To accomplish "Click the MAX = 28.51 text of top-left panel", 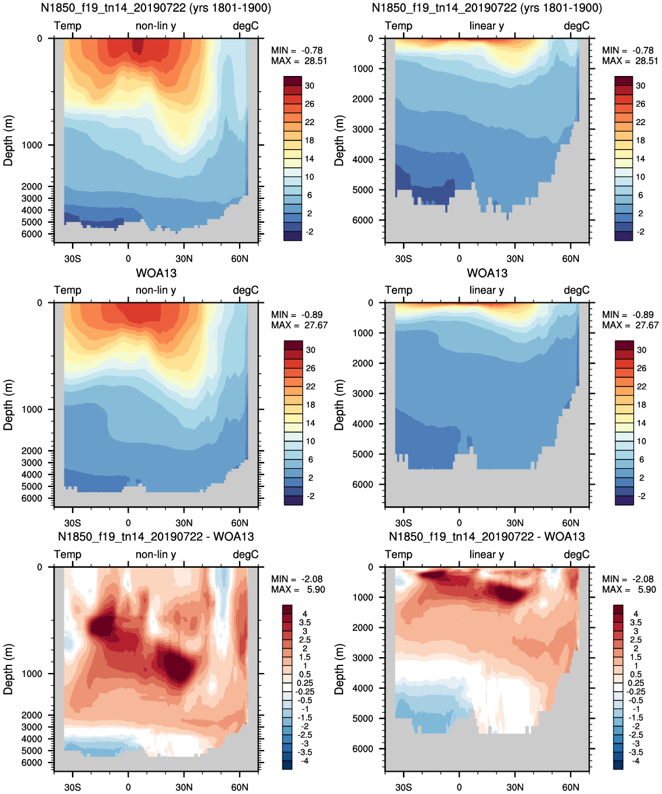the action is click(x=299, y=61).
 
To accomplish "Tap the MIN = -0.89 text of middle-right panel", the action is click(x=628, y=315).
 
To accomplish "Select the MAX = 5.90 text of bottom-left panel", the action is click(x=298, y=589).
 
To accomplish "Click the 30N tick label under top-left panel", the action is click(x=184, y=258).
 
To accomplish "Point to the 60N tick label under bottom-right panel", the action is click(x=571, y=787).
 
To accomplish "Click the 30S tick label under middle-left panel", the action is click(x=73, y=523).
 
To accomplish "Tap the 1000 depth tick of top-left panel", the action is click(x=32, y=145).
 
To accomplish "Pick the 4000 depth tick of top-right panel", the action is click(x=363, y=160).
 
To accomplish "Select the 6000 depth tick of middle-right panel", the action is click(x=363, y=484).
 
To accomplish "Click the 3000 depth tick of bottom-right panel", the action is click(x=363, y=658).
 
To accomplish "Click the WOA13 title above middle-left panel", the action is click(x=156, y=272).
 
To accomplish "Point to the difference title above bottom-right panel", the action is click(x=487, y=537).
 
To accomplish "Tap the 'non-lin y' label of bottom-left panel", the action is click(x=156, y=554).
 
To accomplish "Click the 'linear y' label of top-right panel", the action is click(x=487, y=26).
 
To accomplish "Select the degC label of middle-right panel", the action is click(x=577, y=290).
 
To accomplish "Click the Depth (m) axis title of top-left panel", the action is click(x=8, y=140).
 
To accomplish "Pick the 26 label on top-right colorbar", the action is click(x=641, y=104).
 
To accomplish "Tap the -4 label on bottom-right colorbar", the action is click(x=635, y=761).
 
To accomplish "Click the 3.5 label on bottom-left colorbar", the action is click(x=305, y=623).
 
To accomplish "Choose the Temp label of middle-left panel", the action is click(x=68, y=290).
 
